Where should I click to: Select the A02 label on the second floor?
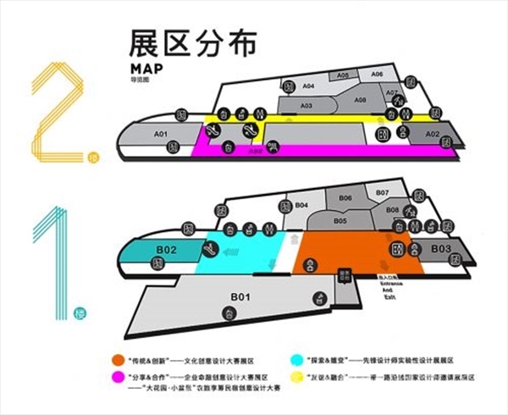(432, 135)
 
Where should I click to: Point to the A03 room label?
(306, 105)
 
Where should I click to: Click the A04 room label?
(309, 86)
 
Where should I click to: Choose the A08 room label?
(360, 100)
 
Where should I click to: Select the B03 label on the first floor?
(439, 248)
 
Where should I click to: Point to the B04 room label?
(301, 206)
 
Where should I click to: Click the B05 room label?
(340, 220)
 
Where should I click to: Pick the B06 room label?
(345, 198)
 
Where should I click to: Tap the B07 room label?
(382, 193)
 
